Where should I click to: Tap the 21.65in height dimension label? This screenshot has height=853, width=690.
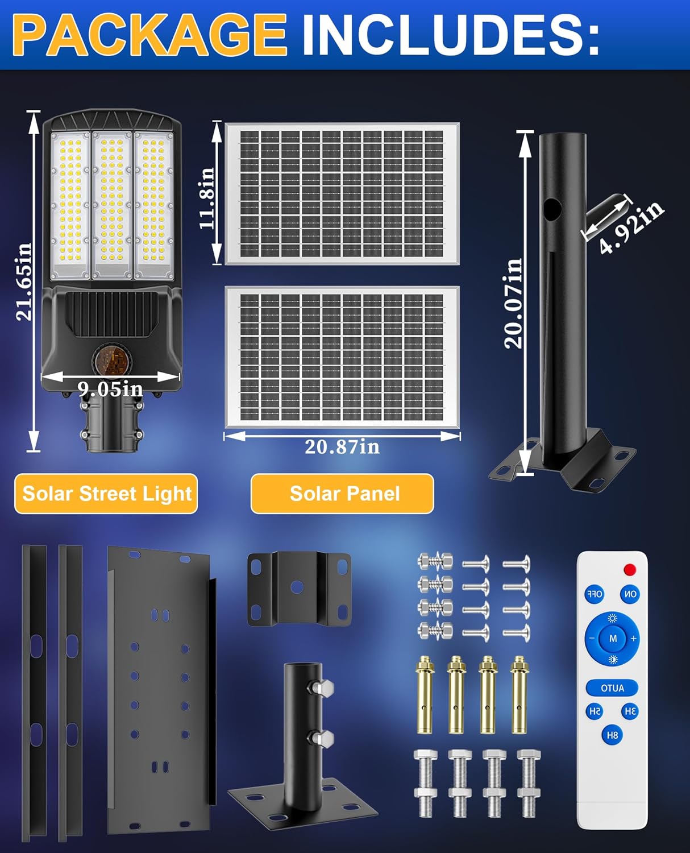coord(24,281)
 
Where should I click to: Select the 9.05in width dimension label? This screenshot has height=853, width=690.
coord(110,389)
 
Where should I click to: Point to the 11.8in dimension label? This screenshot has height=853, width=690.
coord(207,198)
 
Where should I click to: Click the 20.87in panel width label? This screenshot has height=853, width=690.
coord(342,447)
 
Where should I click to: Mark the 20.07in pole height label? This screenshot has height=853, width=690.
coord(513,303)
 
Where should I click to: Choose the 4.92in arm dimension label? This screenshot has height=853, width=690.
coord(631,227)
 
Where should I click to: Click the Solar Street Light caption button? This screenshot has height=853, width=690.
coord(106,494)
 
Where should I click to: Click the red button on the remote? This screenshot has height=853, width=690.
coord(629,570)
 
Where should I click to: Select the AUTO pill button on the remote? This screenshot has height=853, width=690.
coord(612,688)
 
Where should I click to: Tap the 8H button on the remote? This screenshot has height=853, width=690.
coord(612,735)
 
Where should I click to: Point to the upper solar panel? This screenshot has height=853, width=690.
coord(342,193)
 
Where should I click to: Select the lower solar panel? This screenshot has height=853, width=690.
coord(342,357)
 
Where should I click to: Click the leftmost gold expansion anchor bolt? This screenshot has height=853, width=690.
coord(425,694)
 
